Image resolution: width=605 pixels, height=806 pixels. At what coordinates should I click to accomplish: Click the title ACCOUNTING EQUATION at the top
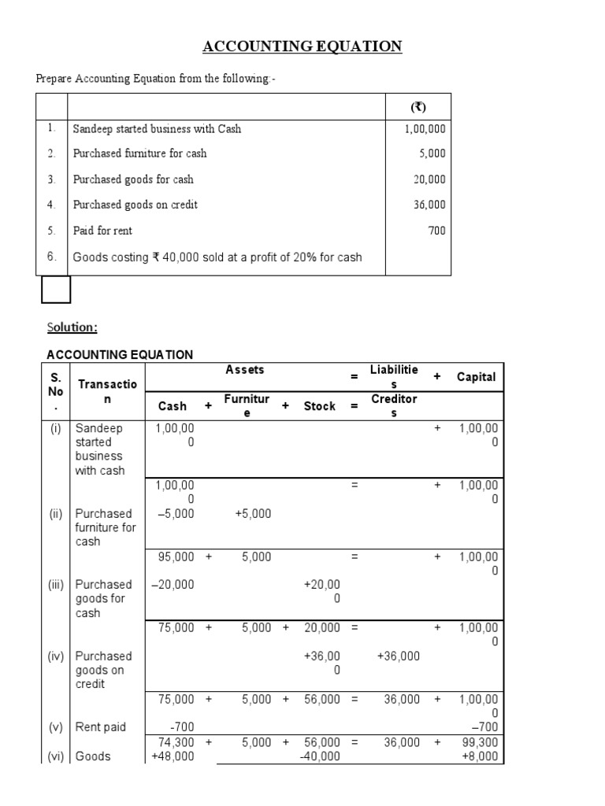pyautogui.click(x=302, y=47)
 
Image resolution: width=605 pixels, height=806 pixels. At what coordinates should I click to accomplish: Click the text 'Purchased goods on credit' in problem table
pyautogui.click(x=135, y=205)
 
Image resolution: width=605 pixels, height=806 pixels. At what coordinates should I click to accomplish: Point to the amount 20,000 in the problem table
pyautogui.click(x=429, y=179)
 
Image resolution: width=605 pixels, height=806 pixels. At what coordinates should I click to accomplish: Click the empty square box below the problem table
pyautogui.click(x=55, y=290)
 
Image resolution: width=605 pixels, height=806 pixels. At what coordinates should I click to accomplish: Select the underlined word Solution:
pyautogui.click(x=72, y=327)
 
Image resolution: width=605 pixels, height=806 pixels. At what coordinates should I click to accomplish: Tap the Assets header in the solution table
pyautogui.click(x=245, y=370)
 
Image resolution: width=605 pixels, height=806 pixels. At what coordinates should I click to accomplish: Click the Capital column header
pyautogui.click(x=476, y=377)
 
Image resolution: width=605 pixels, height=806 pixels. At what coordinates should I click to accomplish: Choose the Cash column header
pyautogui.click(x=173, y=406)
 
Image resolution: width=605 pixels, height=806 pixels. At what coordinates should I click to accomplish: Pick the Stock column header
pyautogui.click(x=319, y=406)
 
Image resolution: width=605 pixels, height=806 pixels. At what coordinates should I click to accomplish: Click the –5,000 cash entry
pyautogui.click(x=176, y=513)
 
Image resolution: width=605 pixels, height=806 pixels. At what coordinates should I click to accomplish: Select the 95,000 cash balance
pyautogui.click(x=176, y=556)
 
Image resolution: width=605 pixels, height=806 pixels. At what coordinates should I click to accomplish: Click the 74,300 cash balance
pyautogui.click(x=176, y=741)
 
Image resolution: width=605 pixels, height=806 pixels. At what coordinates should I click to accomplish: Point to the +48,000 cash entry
pyautogui.click(x=173, y=756)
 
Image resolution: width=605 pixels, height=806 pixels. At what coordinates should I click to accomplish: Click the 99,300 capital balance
pyautogui.click(x=480, y=741)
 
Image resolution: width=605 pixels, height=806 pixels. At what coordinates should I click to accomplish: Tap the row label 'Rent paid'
pyautogui.click(x=100, y=727)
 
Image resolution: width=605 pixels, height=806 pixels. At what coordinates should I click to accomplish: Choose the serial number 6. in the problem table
pyautogui.click(x=51, y=256)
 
